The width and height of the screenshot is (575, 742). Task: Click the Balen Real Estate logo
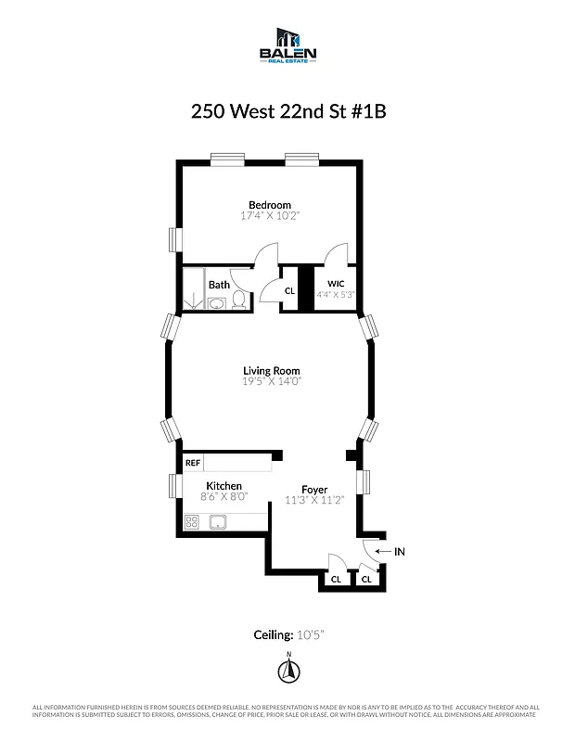point(287,45)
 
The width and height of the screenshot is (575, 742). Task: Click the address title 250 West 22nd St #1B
point(287,111)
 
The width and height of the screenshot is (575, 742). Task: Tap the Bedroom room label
point(269,205)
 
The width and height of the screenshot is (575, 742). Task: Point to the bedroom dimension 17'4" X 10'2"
point(270,216)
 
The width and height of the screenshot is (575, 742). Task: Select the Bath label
point(219,286)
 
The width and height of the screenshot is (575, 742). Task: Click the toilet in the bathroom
point(238,299)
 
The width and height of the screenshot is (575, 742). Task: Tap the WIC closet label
point(335,283)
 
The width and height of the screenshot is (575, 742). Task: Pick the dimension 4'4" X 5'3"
point(335,294)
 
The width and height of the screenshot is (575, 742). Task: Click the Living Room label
point(272,370)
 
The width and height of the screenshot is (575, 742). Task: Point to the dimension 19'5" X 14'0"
point(272,381)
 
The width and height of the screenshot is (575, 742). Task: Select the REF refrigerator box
point(193,462)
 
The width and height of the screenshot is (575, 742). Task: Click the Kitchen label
point(224,486)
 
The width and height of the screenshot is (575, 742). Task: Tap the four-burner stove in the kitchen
point(193,521)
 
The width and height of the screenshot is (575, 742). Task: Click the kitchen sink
point(220,521)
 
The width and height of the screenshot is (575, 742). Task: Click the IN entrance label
point(400,552)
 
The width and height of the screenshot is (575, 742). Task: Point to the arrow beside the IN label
point(383,552)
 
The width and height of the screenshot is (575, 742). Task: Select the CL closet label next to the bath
point(288,291)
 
